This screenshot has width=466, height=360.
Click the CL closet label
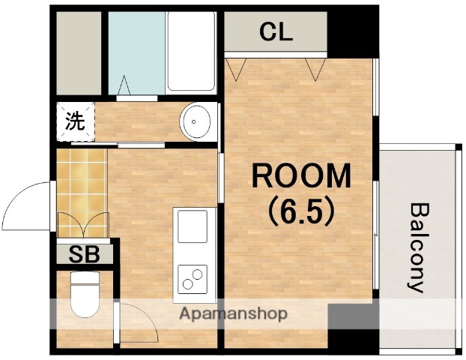276,32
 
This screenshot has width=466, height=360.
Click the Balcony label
418,247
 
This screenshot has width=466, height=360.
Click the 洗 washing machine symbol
75,121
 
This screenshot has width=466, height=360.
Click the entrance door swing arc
26,205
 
